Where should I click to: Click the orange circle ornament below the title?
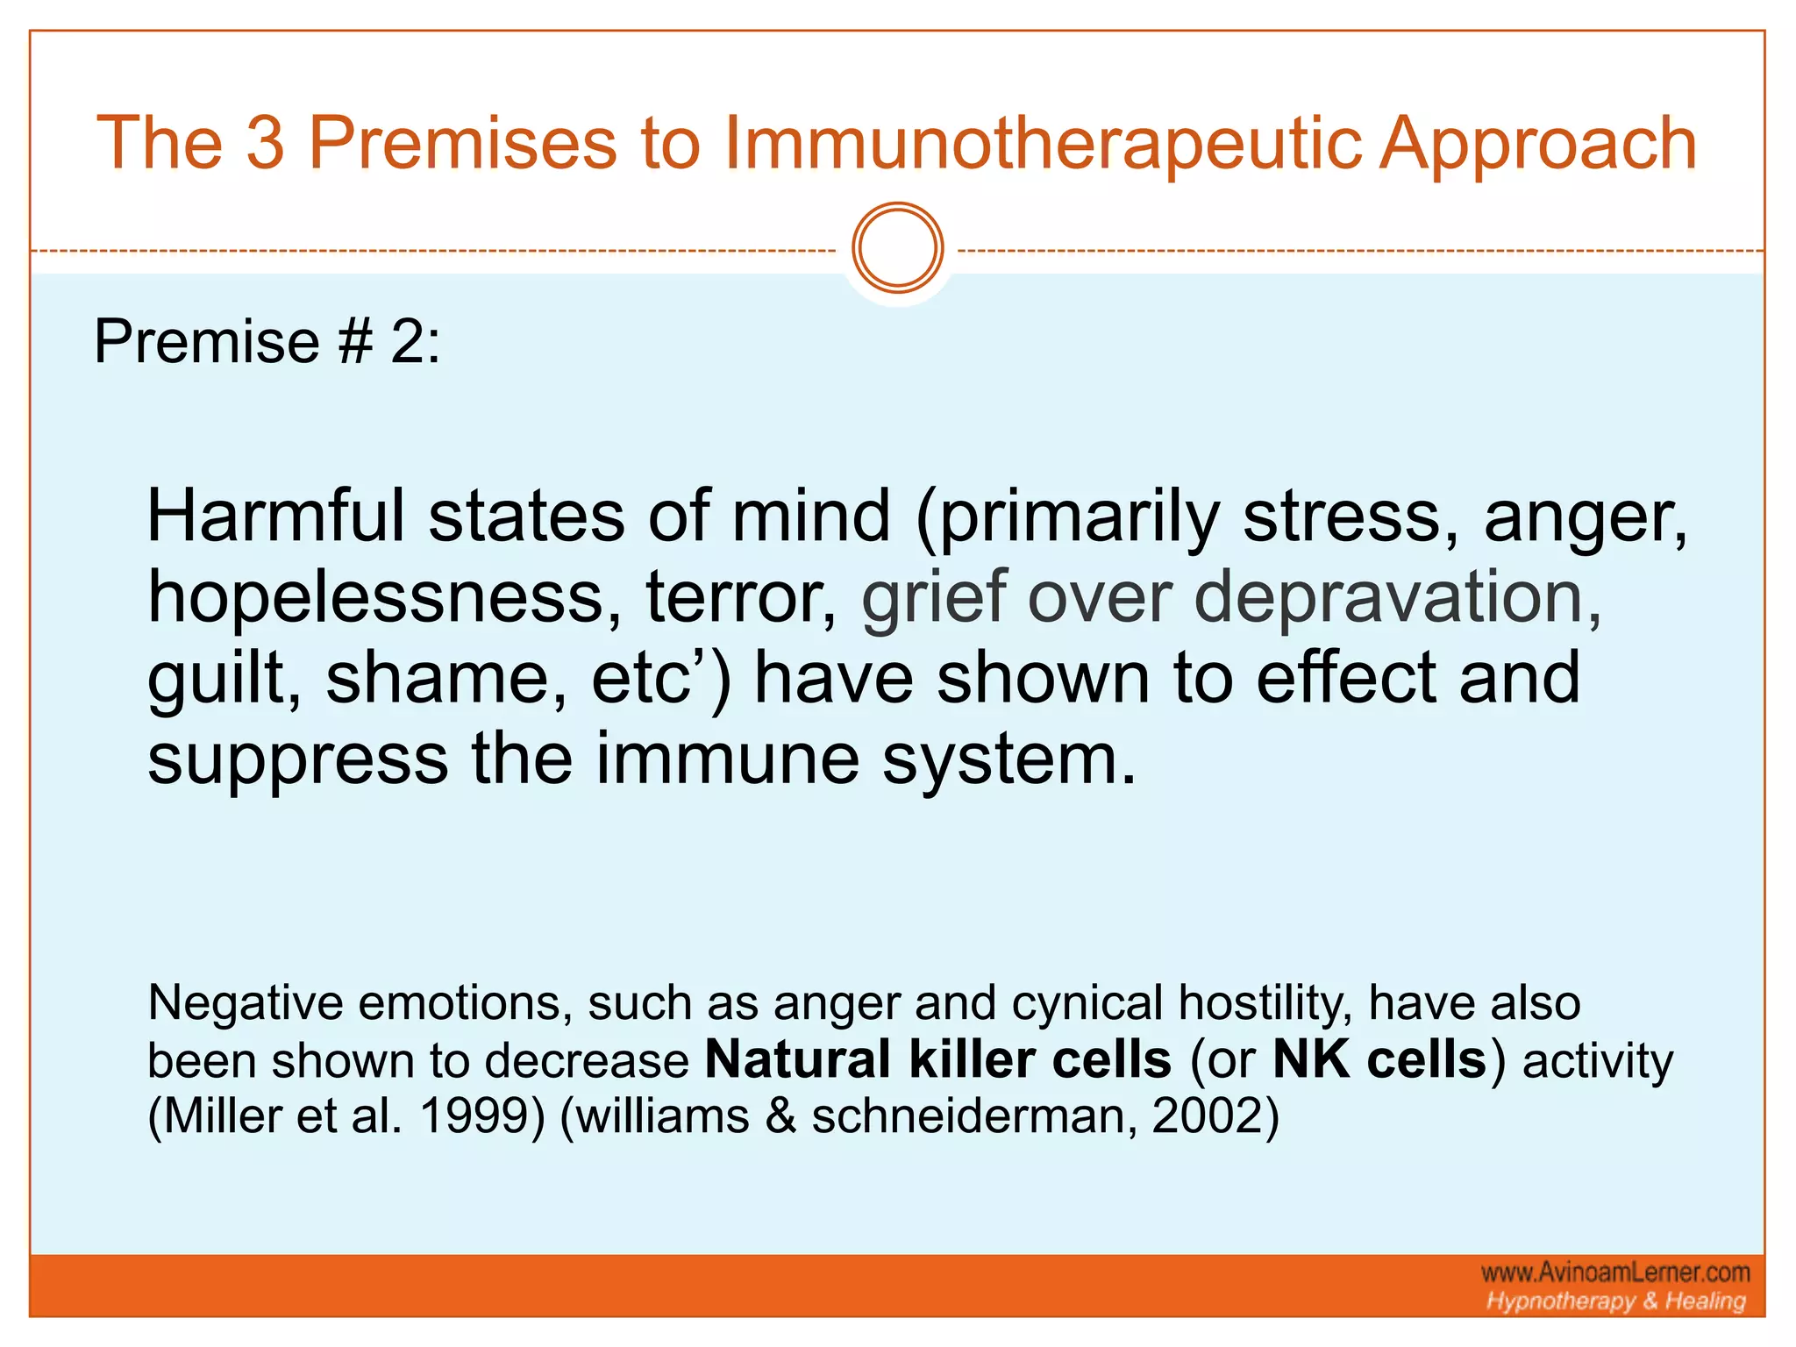[897, 248]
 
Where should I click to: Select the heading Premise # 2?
[267, 341]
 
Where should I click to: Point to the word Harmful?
[274, 517]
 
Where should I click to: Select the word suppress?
[298, 759]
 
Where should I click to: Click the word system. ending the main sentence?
[1008, 759]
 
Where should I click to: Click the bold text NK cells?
[1379, 1059]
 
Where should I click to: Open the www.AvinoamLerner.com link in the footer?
[1615, 1272]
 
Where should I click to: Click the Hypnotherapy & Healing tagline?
[1615, 1301]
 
